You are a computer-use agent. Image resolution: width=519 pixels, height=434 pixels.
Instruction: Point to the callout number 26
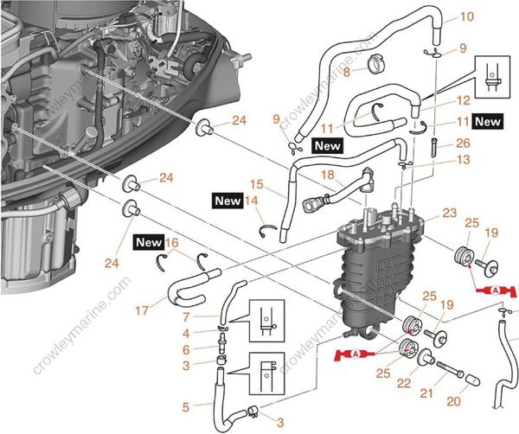pos(463,144)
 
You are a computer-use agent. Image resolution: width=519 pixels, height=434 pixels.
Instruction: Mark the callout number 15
pos(255,185)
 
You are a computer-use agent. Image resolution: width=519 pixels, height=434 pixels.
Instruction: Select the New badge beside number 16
pos(149,243)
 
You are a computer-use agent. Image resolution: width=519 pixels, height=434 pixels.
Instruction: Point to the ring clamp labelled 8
pos(379,63)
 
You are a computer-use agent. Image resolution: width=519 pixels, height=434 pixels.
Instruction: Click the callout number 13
pos(439,160)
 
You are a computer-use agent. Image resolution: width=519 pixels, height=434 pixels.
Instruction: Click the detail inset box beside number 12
pos(494,77)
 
